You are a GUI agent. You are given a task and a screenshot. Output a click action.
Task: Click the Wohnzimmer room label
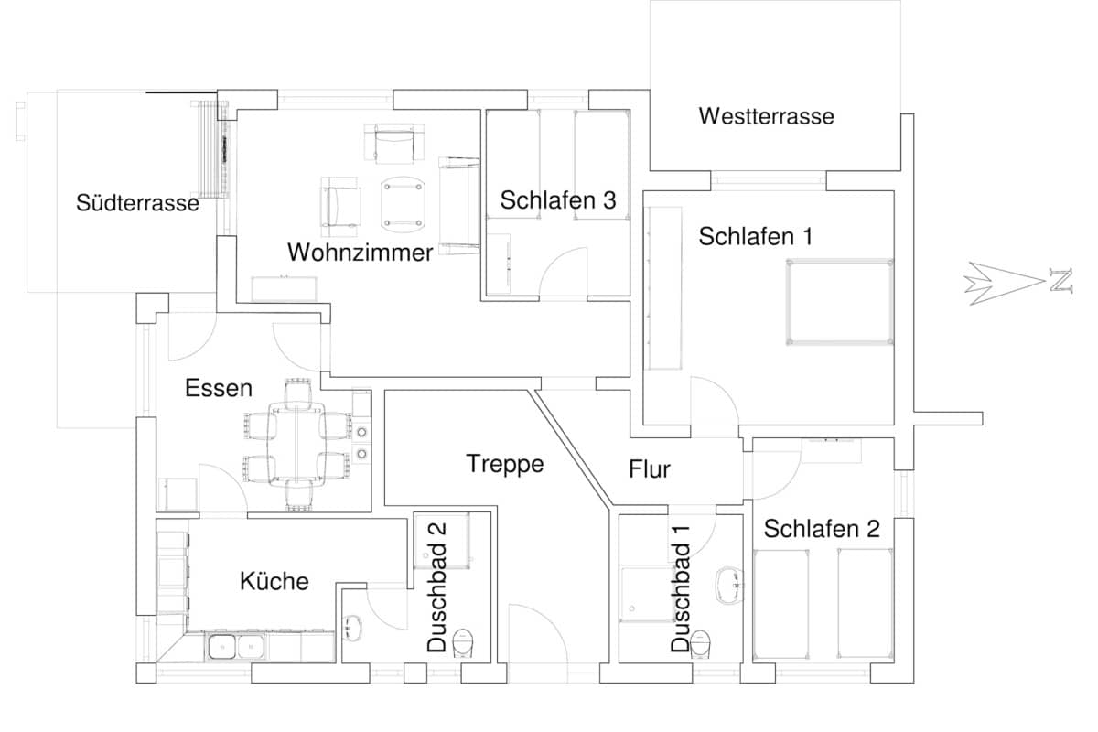tap(360, 253)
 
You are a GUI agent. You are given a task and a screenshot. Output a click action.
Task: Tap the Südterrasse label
tap(137, 203)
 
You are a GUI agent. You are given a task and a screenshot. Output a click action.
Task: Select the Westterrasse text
tap(766, 116)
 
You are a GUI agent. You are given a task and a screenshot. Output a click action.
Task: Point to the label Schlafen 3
tap(557, 200)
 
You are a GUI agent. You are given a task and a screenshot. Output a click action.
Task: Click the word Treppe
tap(504, 463)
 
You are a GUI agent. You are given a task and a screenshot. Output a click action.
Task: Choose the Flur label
tap(650, 469)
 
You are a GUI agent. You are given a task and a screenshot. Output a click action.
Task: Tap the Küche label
tap(274, 580)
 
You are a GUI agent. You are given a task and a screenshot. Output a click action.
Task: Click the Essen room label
tap(218, 388)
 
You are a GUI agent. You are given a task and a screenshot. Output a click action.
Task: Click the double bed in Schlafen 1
tap(840, 303)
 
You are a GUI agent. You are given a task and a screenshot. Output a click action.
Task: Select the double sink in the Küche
tap(235, 647)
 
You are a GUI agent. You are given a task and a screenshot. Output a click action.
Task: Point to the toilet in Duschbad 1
tap(702, 642)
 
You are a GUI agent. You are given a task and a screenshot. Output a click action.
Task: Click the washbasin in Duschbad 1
tap(730, 584)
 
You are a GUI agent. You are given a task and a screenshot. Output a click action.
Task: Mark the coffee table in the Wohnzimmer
tap(404, 203)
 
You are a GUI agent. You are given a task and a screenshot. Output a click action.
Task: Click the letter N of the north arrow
tap(1060, 281)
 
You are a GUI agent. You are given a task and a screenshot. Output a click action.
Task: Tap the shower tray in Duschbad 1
tap(646, 594)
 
